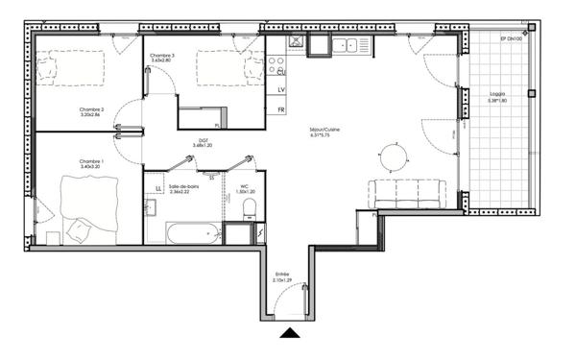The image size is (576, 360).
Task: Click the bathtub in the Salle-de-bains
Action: click(x=192, y=232)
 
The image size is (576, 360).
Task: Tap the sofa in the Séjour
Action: click(x=408, y=193)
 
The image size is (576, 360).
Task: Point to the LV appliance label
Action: click(x=281, y=90)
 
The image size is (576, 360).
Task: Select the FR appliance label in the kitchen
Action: click(x=281, y=109)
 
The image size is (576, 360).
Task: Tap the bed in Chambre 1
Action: click(x=86, y=206)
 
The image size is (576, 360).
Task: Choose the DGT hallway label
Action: click(x=204, y=142)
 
